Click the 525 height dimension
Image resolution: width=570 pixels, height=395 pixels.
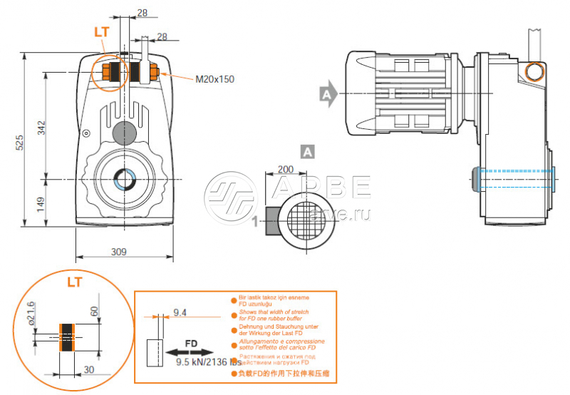pos(21,142)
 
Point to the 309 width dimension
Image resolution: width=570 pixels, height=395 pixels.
pos(119,251)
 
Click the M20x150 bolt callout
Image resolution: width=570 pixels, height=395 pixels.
pos(214,79)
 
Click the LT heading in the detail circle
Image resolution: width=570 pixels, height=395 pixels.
pos(74,282)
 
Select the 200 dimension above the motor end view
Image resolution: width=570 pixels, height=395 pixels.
pos(285,170)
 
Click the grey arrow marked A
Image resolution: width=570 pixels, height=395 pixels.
pos(327,93)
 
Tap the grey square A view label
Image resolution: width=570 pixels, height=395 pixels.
pos(307,150)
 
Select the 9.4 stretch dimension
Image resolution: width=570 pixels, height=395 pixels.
pos(180,312)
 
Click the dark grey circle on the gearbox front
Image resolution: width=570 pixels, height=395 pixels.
pos(124,131)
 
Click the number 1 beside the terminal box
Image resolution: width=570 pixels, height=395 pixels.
pos(254,222)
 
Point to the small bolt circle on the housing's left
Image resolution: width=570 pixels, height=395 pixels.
pos(86,133)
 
